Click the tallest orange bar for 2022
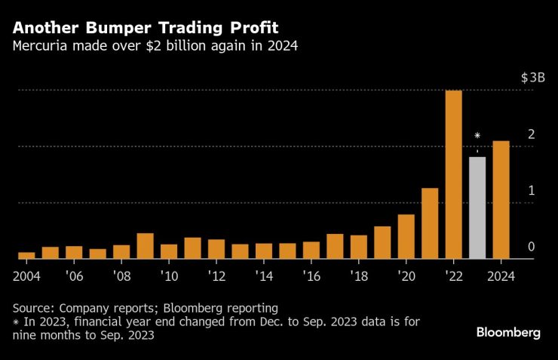click(453, 174)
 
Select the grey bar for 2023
click(477, 208)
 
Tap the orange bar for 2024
click(501, 200)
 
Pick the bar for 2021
click(430, 223)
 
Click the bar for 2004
click(26, 255)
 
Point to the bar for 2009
click(145, 246)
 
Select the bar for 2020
click(406, 236)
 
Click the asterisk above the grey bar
click(477, 136)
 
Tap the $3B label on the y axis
click(532, 78)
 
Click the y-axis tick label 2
click(531, 134)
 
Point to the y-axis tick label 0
click(531, 247)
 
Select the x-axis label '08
click(121, 275)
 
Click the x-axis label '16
click(311, 275)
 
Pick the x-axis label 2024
click(501, 275)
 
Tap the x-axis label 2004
click(27, 275)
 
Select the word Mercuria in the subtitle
click(41, 47)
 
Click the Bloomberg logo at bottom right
click(508, 333)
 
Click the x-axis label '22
click(453, 275)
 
